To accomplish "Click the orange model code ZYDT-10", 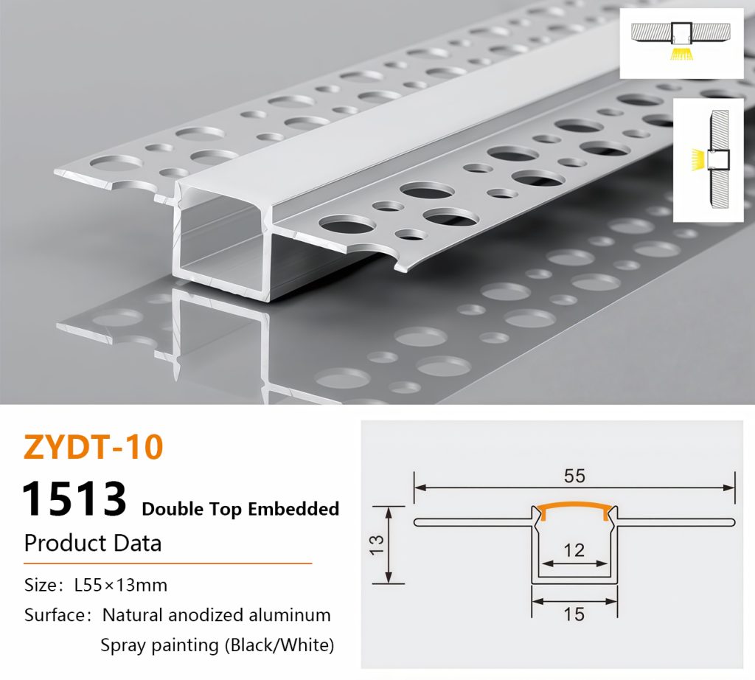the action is [x=94, y=447].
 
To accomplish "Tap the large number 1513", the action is [x=74, y=499].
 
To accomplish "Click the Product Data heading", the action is [x=93, y=543].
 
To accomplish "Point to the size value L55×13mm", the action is [x=121, y=585].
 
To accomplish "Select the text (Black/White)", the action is [x=279, y=645].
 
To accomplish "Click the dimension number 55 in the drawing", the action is [x=574, y=476].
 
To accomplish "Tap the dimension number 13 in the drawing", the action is [x=377, y=545].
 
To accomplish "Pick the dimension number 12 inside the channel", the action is [x=574, y=550].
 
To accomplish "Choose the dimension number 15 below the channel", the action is [x=574, y=614].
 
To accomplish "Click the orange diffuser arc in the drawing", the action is [x=574, y=507].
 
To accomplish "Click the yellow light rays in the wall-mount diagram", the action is [x=697, y=159].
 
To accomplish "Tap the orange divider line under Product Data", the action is [x=168, y=563].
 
